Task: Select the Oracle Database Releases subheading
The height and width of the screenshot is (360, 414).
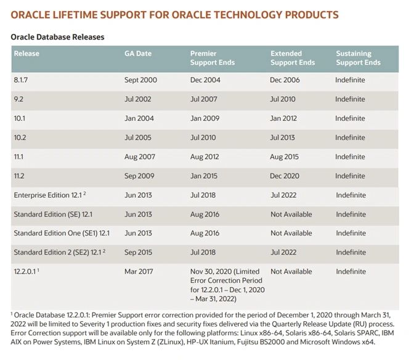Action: [57, 37]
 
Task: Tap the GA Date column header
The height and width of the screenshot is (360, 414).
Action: [138, 54]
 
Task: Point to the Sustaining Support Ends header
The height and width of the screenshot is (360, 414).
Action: [358, 58]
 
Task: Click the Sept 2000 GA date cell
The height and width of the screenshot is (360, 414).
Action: [140, 80]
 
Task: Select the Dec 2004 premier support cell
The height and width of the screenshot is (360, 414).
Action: [205, 80]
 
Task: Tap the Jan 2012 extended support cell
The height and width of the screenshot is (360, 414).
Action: [284, 118]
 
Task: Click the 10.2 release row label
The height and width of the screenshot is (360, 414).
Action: [20, 137]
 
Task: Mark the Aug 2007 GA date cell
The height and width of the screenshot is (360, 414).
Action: [139, 157]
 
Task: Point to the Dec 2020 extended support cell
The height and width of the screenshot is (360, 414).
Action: [285, 176]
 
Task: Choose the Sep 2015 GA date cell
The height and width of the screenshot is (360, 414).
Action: [139, 252]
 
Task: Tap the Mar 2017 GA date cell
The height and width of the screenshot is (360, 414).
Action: [139, 271]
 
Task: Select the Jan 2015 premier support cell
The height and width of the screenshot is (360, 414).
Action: [205, 176]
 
